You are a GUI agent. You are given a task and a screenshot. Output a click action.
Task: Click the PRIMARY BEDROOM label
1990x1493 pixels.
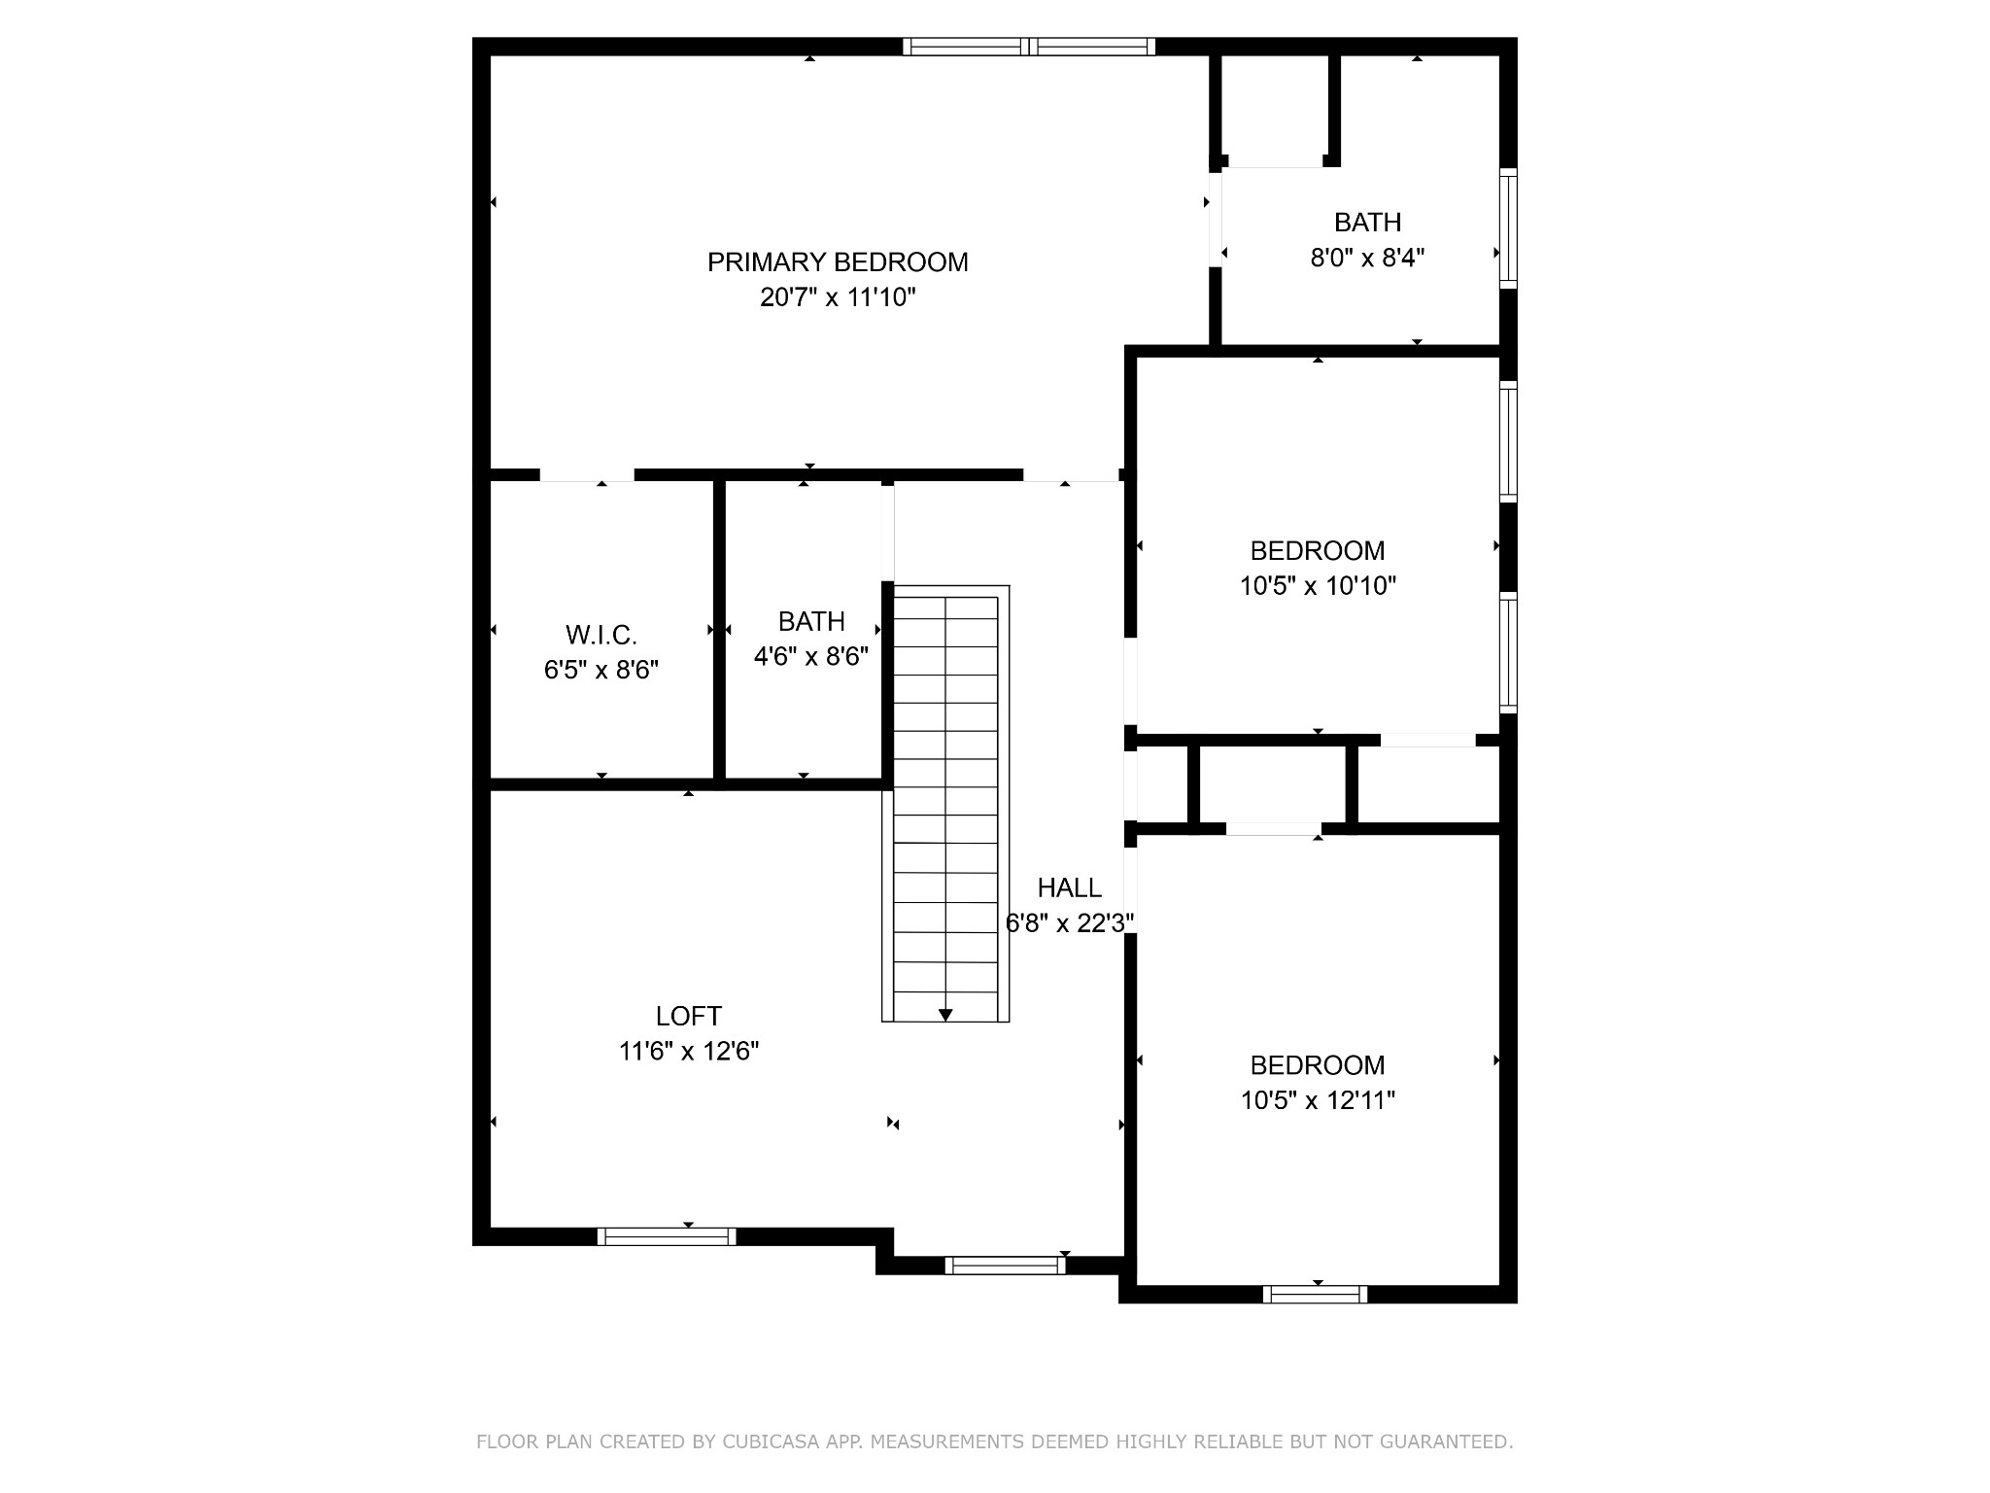point(838,262)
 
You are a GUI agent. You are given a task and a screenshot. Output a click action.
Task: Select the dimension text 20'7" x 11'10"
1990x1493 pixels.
point(838,297)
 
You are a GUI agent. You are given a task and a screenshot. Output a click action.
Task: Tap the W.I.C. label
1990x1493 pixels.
point(601,636)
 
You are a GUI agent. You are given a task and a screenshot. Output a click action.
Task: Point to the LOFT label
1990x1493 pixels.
point(688,1016)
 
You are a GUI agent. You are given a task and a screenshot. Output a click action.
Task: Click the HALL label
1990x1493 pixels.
point(1069,887)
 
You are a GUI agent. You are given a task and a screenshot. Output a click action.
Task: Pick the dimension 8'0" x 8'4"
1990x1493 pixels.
point(1367,258)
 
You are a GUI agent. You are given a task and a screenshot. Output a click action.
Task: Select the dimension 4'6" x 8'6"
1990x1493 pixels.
point(811,657)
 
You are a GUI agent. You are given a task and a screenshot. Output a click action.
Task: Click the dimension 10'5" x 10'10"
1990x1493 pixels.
point(1318,586)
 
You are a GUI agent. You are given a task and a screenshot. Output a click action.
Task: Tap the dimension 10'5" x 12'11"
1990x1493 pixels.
point(1318,1100)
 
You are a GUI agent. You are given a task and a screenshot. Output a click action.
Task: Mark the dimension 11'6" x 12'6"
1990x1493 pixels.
point(688,1051)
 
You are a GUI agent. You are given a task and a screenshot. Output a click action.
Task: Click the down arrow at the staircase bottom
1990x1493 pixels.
point(945,1015)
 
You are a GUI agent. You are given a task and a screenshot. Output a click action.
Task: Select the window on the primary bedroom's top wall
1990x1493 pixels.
point(1029,46)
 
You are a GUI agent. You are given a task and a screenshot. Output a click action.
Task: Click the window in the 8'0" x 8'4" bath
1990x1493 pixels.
point(1508,228)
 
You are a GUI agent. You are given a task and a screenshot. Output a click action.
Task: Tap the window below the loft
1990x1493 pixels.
point(667,1236)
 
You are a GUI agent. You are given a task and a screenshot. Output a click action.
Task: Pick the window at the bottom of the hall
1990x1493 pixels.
point(1005,1265)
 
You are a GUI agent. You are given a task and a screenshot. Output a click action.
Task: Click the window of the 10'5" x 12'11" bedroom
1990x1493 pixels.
point(1315,1294)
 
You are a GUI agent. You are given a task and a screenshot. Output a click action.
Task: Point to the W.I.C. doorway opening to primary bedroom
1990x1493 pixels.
point(587,475)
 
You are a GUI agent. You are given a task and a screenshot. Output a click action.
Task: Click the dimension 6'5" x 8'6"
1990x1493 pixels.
point(601,671)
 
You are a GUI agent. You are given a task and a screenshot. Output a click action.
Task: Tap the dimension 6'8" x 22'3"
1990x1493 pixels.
point(1069,922)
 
